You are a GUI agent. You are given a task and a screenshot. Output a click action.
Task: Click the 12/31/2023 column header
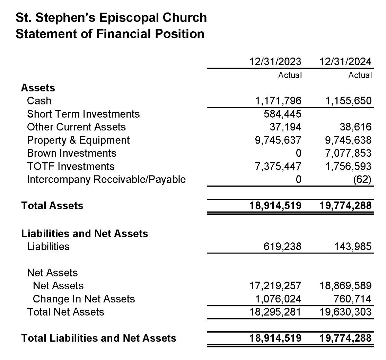(275, 62)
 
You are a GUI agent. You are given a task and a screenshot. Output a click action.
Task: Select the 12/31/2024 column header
(345, 62)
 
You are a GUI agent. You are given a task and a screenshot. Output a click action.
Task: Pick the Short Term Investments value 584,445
(283, 114)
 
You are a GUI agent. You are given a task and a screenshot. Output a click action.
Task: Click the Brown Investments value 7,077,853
(345, 153)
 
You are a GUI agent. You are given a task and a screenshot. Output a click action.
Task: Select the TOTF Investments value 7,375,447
(275, 166)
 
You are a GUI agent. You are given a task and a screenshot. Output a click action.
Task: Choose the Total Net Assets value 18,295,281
(275, 312)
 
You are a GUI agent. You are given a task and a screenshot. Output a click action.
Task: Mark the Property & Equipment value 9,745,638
(345, 140)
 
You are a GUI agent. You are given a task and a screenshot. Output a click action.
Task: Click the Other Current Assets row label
(76, 127)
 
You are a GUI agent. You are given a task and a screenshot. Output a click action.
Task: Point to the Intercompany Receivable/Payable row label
(106, 180)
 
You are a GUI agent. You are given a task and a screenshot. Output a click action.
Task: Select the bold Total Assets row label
(52, 206)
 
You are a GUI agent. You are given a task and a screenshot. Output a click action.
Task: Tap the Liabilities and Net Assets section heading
(85, 233)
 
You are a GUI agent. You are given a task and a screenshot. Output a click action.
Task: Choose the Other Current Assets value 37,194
(286, 127)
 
